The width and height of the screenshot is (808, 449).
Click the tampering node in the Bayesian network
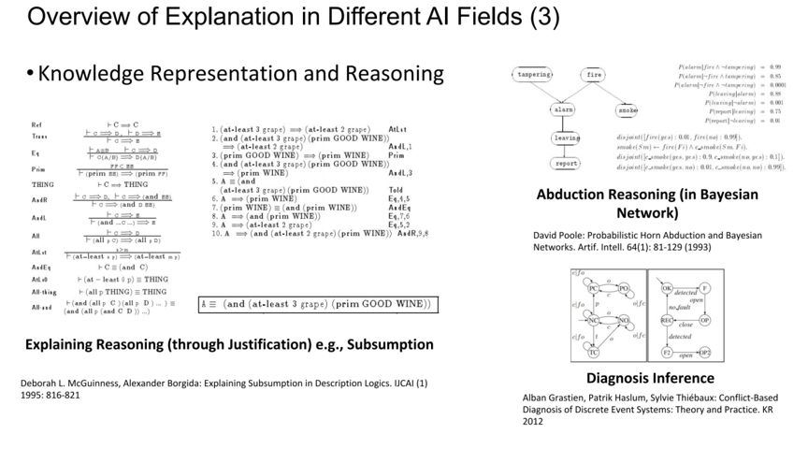[535, 75]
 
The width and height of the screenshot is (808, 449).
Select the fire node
[593, 75]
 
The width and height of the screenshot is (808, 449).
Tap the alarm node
[563, 109]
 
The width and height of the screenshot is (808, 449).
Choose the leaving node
[567, 138]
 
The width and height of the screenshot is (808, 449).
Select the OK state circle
[667, 287]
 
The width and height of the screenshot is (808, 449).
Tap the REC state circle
[667, 320]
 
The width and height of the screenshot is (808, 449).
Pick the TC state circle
[593, 353]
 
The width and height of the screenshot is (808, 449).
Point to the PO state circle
[623, 288]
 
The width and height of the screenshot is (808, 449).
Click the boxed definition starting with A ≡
[318, 304]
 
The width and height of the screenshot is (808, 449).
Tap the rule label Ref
[36, 124]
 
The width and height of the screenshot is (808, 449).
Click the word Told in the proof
[397, 190]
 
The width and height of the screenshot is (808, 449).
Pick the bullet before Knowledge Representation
[30, 75]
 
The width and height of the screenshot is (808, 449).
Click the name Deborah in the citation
[41, 383]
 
